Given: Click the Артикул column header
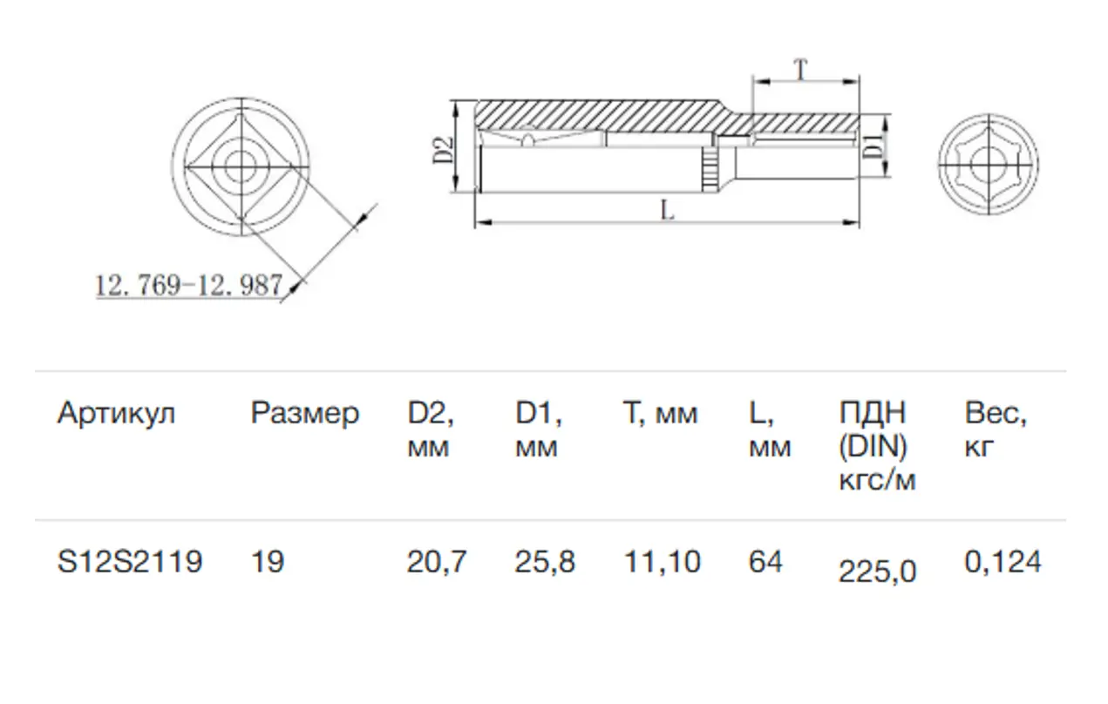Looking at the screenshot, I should click(116, 413).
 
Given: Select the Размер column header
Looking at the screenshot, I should click(304, 413).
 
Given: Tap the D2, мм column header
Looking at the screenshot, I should click(431, 430).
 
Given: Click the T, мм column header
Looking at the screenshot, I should click(660, 413).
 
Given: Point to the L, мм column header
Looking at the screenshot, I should click(770, 430).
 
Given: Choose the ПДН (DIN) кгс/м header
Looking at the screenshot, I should click(877, 446).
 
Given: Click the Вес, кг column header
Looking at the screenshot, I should click(996, 430).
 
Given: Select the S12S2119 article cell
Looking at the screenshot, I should click(130, 562).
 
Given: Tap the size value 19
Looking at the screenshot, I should click(268, 562).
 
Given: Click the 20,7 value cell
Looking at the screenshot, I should click(437, 562).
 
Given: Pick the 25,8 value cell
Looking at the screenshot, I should click(545, 562).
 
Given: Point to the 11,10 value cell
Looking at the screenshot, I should click(662, 562).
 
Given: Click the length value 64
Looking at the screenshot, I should click(766, 562).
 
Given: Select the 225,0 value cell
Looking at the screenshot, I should click(877, 572).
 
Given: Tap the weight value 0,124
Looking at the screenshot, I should click(1003, 562).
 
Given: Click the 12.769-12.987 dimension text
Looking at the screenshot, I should click(188, 284).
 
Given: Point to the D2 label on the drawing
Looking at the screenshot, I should click(443, 150).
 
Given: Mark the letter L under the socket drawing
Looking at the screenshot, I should click(667, 210).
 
